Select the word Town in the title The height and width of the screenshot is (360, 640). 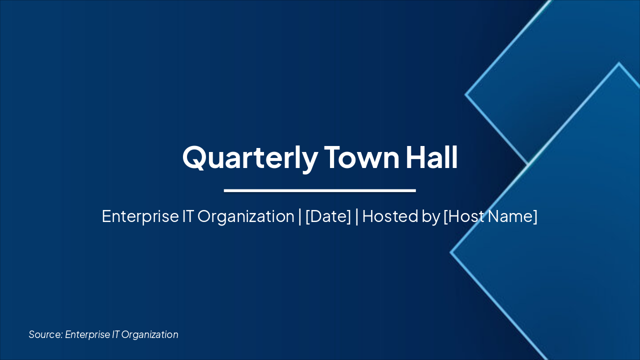(361, 157)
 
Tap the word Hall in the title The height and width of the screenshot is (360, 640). (431, 157)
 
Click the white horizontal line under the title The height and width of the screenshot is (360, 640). (319, 190)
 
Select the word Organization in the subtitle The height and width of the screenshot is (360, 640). (245, 216)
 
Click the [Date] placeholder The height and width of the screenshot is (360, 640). (328, 216)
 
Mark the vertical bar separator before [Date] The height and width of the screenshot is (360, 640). (299, 216)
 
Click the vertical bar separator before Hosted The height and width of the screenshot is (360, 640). (356, 216)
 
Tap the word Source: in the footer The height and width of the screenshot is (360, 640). (45, 334)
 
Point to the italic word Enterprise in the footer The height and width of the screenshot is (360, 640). (87, 334)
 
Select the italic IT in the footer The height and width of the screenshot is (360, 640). (115, 334)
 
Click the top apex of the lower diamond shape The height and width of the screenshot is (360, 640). (619, 63)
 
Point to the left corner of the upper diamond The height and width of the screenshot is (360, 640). (466, 94)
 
